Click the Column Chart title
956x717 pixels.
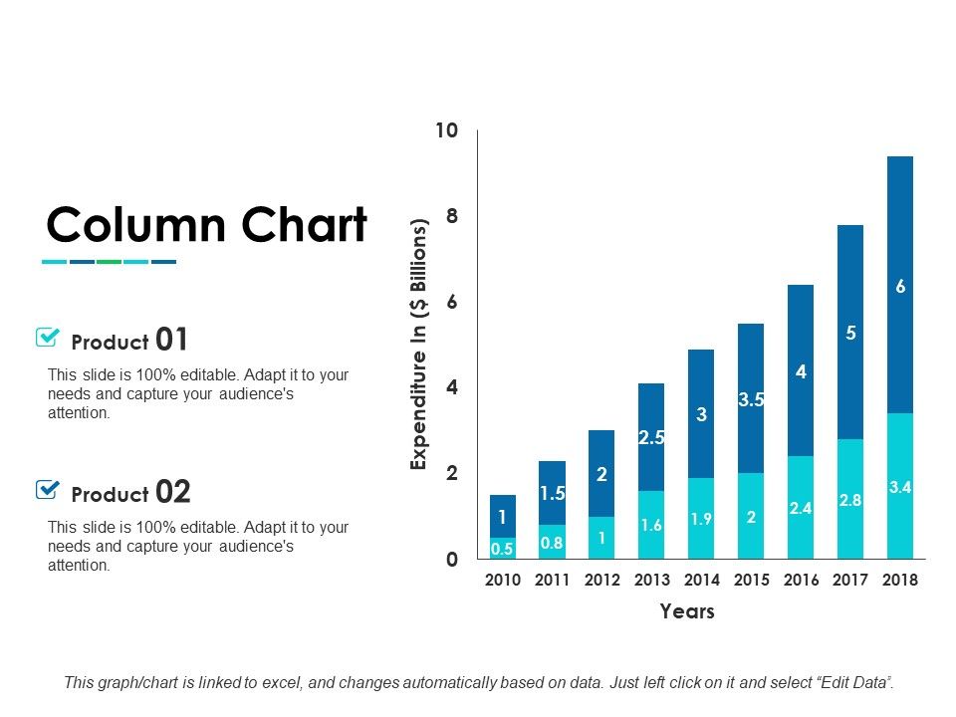[206, 226]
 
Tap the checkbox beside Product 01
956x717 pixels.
[47, 338]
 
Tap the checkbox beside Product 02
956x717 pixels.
[47, 489]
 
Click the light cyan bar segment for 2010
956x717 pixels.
[503, 548]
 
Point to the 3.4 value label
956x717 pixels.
[900, 487]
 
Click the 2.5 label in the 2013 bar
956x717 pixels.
[651, 436]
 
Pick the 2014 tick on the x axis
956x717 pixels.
[701, 580]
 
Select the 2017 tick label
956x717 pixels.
[850, 580]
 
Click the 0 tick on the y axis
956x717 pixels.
[451, 560]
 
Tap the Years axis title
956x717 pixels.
[687, 611]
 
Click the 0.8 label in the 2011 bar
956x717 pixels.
[552, 543]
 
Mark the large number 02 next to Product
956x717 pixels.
[171, 492]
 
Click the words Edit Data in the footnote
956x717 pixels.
[853, 683]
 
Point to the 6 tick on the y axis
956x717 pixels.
[451, 302]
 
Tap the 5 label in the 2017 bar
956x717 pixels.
[850, 334]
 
